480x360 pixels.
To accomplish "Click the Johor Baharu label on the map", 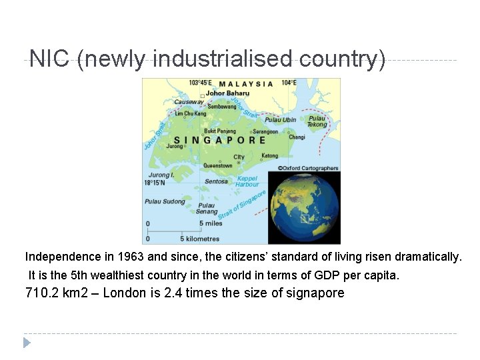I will [227, 93].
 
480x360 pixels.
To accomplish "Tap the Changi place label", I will [297, 137].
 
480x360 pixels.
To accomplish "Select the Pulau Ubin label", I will [280, 120].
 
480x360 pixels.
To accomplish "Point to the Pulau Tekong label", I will [317, 121].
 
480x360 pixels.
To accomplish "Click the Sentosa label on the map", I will [216, 181].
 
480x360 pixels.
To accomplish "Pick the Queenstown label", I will [218, 165].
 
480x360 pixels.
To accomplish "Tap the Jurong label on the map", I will [175, 145].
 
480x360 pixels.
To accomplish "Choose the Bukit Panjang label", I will [219, 131].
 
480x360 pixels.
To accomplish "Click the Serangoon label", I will [265, 131].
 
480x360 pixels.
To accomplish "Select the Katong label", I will [269, 155].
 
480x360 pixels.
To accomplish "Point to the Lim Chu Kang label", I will [191, 114].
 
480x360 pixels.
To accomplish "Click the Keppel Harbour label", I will [246, 181].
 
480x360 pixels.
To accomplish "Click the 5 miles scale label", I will [210, 223].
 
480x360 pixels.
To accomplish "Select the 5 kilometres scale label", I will [200, 238].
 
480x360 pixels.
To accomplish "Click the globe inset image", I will [303, 207].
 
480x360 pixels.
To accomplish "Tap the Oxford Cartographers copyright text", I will [308, 168].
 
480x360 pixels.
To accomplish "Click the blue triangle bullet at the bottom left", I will [27, 343].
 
